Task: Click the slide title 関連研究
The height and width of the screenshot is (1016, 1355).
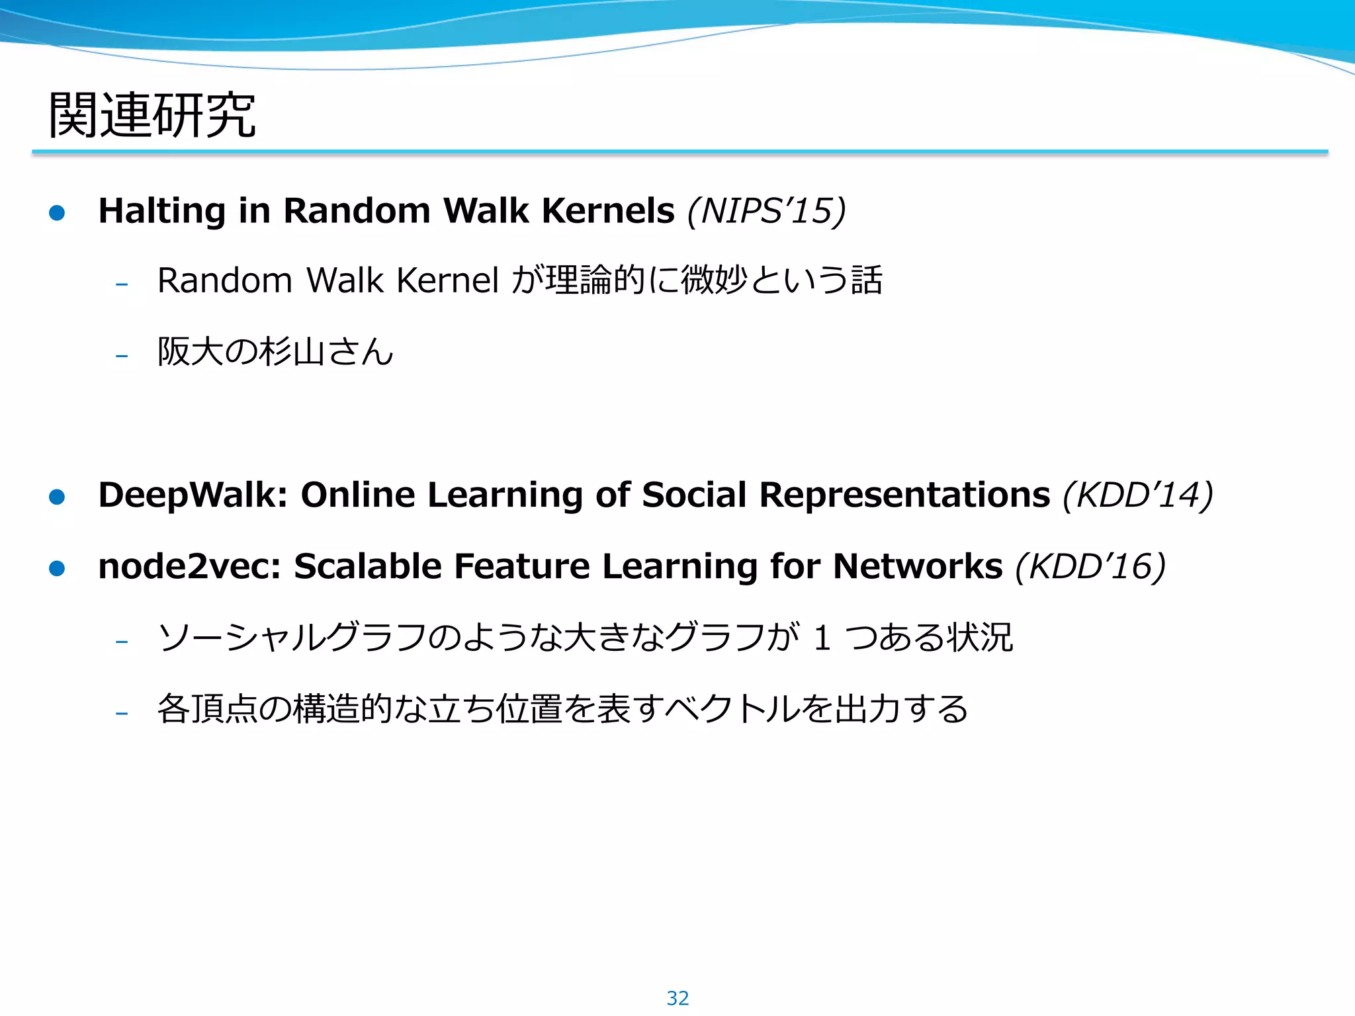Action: (x=152, y=115)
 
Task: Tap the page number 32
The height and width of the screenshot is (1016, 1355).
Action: (x=677, y=998)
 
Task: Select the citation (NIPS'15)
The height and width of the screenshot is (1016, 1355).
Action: (x=767, y=211)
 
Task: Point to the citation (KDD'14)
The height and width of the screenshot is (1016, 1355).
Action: (x=1138, y=495)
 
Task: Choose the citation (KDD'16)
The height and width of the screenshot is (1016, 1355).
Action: (x=1090, y=567)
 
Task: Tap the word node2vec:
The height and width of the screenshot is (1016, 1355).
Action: (x=190, y=567)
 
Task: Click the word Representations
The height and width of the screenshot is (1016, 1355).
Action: (x=904, y=495)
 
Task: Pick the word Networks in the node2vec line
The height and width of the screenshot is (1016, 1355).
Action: (x=918, y=567)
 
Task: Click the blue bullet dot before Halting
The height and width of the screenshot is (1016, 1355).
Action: (x=58, y=213)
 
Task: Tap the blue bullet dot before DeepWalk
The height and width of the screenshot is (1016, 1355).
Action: (x=58, y=497)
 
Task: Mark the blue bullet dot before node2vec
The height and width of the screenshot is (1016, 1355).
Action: (x=58, y=568)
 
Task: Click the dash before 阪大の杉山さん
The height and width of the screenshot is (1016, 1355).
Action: (x=122, y=356)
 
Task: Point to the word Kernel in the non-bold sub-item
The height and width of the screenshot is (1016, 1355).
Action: (x=447, y=280)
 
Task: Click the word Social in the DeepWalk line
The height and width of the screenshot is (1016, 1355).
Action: (x=694, y=495)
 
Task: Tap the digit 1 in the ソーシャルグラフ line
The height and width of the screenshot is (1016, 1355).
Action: (x=822, y=638)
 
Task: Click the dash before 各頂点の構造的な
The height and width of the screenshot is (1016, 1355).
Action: (x=122, y=713)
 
